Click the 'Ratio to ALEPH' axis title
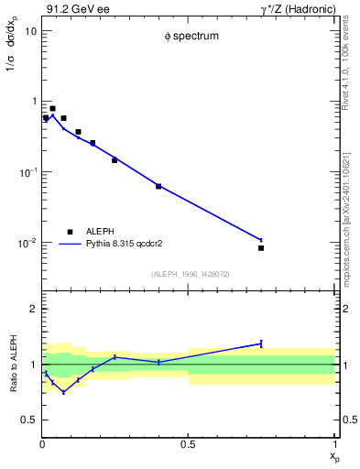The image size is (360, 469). click(x=12, y=364)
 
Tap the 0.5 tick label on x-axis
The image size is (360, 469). click(x=188, y=445)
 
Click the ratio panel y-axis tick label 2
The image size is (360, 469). click(x=34, y=309)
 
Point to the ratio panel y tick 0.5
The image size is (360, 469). click(x=30, y=420)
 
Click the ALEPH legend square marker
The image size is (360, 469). click(x=69, y=232)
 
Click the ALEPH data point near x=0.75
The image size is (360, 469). click(x=261, y=247)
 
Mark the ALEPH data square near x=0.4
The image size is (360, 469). click(x=158, y=186)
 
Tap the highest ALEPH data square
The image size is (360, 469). click(x=52, y=108)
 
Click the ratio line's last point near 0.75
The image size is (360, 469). click(x=261, y=344)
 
